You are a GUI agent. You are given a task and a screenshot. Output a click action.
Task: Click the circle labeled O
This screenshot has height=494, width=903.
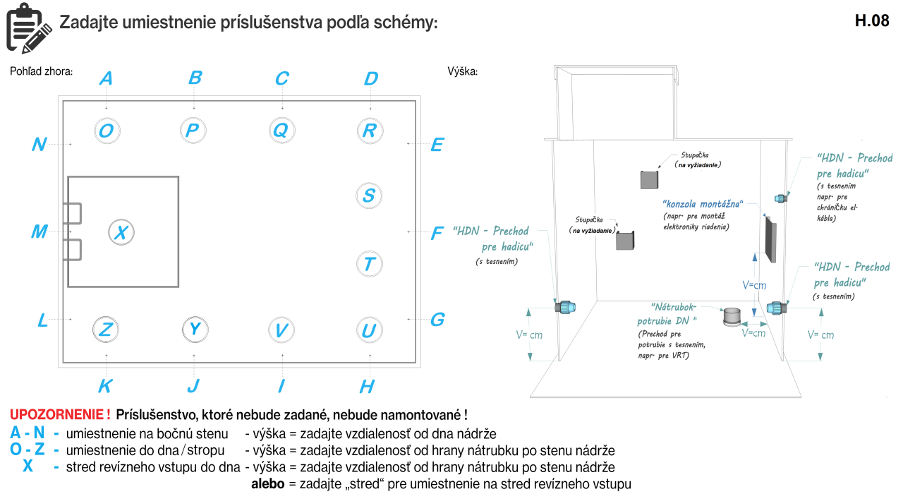(106, 131)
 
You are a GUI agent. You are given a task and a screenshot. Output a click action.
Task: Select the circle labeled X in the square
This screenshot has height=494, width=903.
(121, 231)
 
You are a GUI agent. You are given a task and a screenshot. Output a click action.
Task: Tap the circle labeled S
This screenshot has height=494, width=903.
(369, 195)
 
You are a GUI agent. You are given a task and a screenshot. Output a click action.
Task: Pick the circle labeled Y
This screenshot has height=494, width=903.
(195, 329)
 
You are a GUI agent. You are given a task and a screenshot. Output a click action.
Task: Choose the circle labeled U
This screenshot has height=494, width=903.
(369, 330)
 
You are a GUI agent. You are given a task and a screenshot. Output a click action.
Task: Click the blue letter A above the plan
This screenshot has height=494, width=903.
(106, 78)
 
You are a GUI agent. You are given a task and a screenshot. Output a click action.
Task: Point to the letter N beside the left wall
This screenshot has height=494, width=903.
(40, 145)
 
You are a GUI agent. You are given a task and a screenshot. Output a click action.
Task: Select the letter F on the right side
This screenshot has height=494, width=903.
(437, 233)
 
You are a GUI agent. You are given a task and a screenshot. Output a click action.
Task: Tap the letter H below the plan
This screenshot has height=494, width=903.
(367, 386)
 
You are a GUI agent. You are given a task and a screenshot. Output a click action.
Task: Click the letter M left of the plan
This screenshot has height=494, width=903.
(40, 231)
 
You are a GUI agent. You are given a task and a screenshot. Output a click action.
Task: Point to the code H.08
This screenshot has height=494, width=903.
(872, 20)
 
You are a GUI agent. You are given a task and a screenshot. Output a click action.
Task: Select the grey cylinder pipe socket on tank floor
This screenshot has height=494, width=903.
(734, 317)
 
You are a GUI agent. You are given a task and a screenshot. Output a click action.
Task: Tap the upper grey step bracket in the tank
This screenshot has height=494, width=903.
(649, 179)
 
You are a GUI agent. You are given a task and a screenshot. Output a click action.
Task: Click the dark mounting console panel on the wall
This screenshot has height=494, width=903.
(770, 239)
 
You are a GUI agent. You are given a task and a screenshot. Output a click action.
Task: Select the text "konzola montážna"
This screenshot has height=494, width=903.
(702, 203)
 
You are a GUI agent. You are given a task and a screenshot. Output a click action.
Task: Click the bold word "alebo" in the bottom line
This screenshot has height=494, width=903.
(268, 484)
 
